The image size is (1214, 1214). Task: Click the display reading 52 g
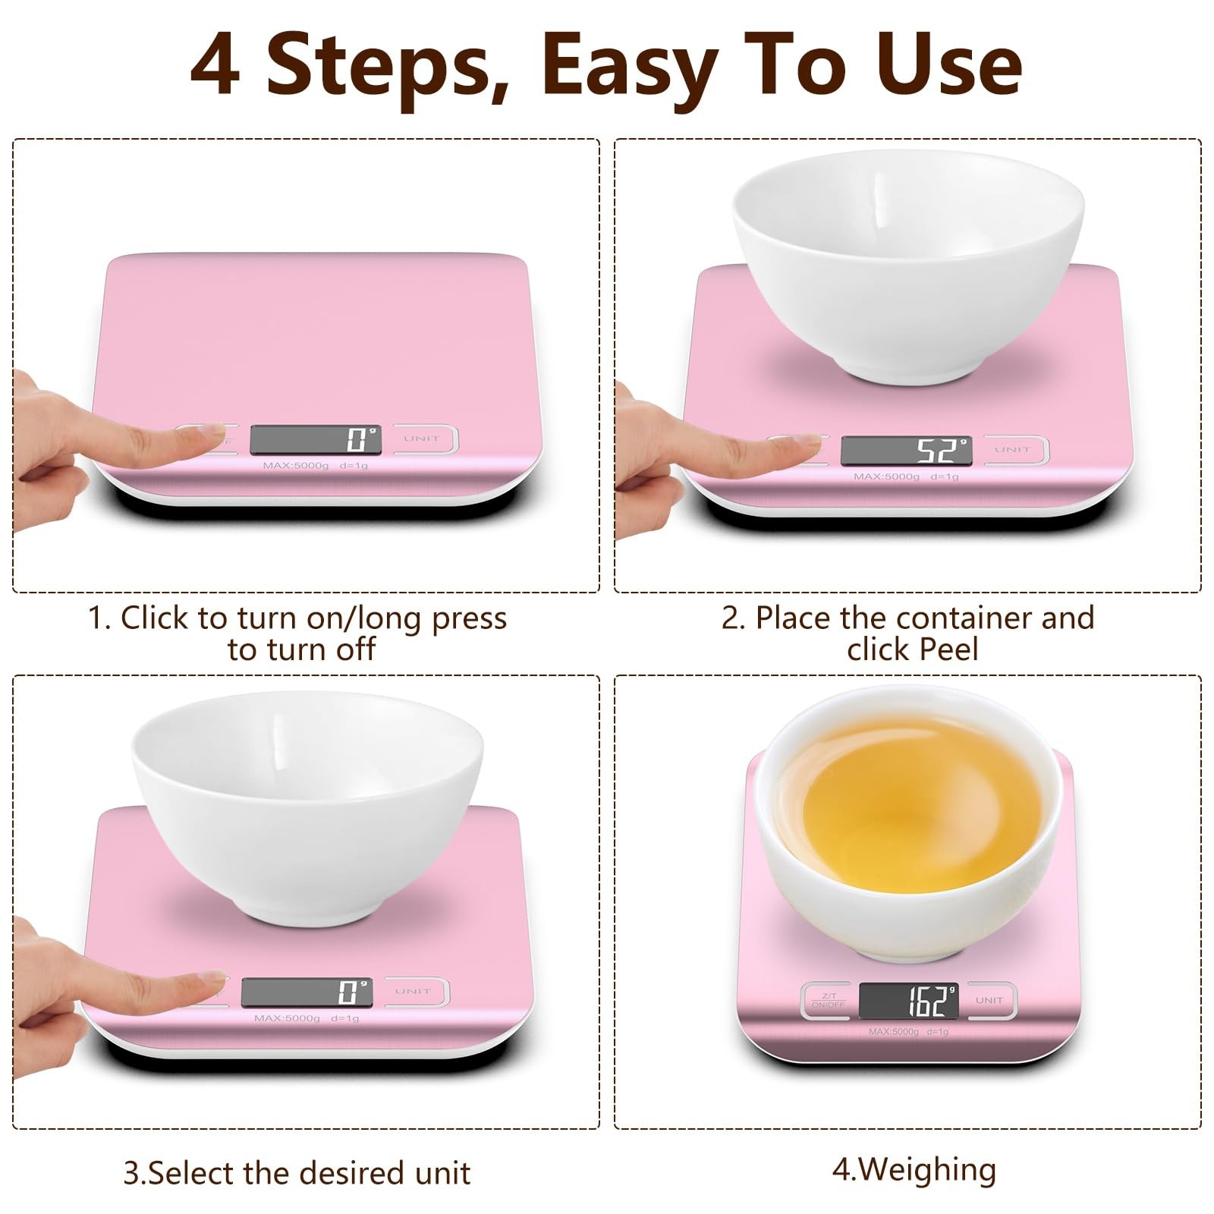click(906, 451)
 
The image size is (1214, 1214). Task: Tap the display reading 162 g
click(908, 1001)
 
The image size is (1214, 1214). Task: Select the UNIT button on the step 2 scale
click(1014, 450)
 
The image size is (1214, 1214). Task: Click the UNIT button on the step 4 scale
click(989, 1000)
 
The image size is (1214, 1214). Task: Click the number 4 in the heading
click(215, 67)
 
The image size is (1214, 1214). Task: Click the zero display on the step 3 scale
click(307, 992)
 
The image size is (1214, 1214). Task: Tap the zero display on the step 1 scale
click(315, 439)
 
